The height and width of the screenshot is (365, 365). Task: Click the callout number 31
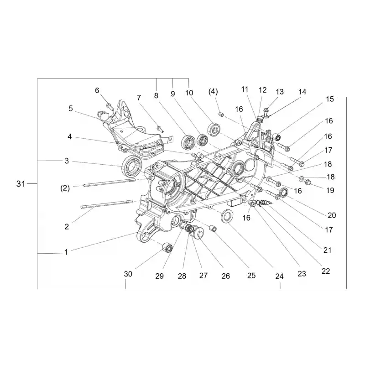click(x=21, y=184)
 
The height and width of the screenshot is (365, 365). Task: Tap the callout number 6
click(x=97, y=90)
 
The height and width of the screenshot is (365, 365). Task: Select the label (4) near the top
click(x=213, y=92)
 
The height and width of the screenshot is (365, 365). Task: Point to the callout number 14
click(x=302, y=92)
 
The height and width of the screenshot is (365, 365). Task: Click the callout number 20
click(x=332, y=215)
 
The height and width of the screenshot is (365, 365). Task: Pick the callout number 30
click(x=128, y=274)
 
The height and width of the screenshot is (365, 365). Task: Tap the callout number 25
click(x=251, y=276)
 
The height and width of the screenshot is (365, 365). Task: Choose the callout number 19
click(x=330, y=190)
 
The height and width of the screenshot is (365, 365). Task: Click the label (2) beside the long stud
click(x=65, y=188)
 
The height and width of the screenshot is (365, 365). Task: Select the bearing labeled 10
click(x=214, y=129)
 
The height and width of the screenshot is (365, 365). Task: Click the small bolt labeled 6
click(x=110, y=107)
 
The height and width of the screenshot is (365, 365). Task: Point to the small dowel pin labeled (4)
click(x=222, y=115)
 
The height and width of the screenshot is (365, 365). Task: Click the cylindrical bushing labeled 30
click(x=167, y=247)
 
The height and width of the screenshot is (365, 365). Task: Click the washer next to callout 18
click(x=301, y=178)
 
